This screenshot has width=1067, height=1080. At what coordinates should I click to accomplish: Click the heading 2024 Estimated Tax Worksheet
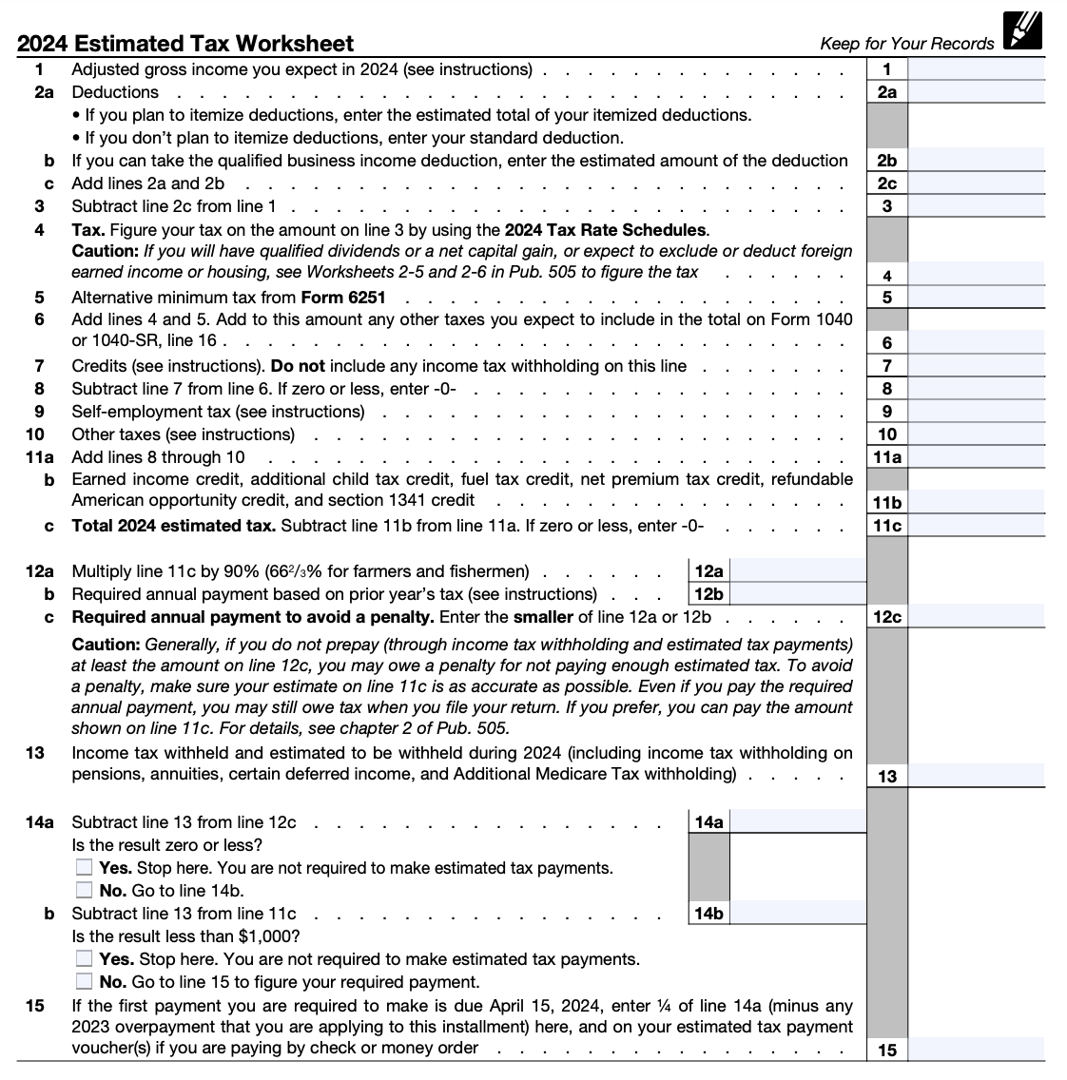pyautogui.click(x=185, y=44)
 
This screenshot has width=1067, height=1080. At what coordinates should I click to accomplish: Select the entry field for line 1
pyautogui.click(x=976, y=68)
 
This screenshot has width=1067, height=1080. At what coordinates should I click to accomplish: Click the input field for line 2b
pyautogui.click(x=976, y=161)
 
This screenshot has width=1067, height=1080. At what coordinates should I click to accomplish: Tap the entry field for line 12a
pyautogui.click(x=797, y=571)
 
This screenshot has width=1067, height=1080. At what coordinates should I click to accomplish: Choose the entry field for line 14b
pyautogui.click(x=797, y=914)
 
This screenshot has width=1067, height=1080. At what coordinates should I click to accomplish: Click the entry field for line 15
pyautogui.click(x=976, y=1050)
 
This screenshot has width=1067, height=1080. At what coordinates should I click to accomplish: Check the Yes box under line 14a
pyautogui.click(x=85, y=868)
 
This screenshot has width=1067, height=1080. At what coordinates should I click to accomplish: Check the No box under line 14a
pyautogui.click(x=85, y=891)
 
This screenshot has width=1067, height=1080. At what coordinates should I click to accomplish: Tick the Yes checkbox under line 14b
pyautogui.click(x=85, y=959)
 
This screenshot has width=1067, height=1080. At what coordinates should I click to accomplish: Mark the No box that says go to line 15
pyautogui.click(x=85, y=982)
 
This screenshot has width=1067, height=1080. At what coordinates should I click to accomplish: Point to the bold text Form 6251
pyautogui.click(x=342, y=298)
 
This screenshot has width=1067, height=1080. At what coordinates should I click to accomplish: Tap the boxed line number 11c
pyautogui.click(x=886, y=526)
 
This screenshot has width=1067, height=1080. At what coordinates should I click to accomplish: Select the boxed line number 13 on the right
pyautogui.click(x=886, y=777)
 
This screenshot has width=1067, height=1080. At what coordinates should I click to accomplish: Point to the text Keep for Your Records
pyautogui.click(x=906, y=44)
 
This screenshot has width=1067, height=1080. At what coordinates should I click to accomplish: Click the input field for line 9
pyautogui.click(x=976, y=412)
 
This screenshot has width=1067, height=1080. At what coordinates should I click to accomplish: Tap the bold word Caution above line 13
pyautogui.click(x=106, y=645)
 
